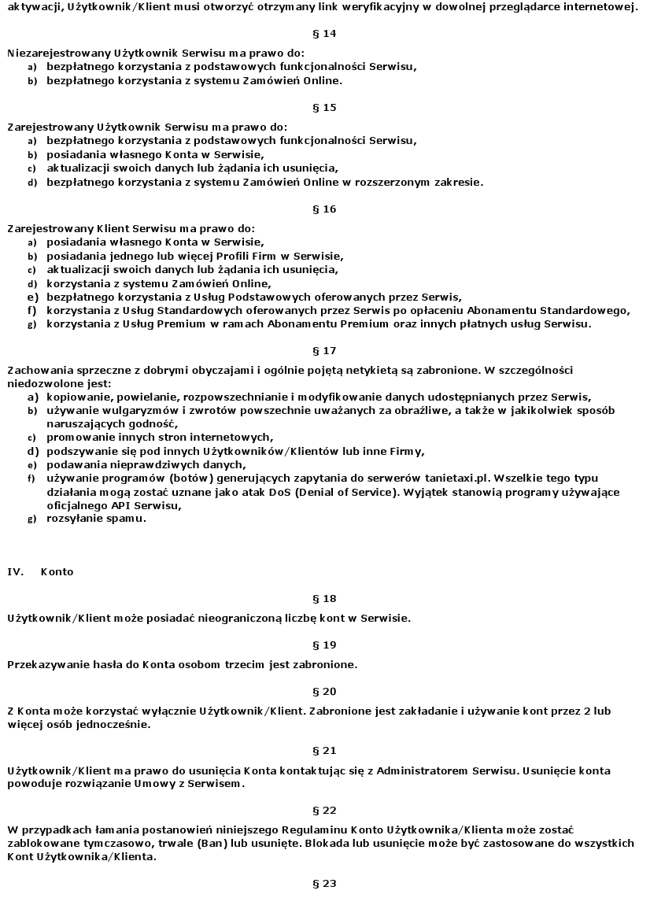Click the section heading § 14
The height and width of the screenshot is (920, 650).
tap(324, 33)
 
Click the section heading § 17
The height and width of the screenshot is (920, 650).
tap(324, 350)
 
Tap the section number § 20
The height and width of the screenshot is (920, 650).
tap(324, 691)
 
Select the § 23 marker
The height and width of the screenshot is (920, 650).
tap(324, 883)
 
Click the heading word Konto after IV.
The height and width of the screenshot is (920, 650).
tap(57, 571)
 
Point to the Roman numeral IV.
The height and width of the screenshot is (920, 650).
tap(14, 571)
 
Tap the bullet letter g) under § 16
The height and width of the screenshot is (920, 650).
tap(32, 323)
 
